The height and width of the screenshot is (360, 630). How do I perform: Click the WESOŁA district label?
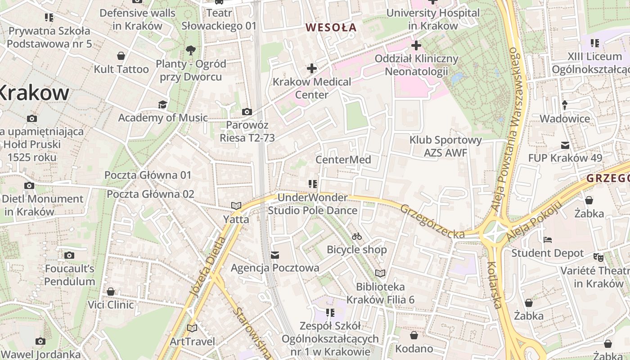[x=331, y=27]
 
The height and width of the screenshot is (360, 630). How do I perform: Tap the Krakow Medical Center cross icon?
[x=312, y=69]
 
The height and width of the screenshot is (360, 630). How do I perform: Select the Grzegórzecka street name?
[x=432, y=222]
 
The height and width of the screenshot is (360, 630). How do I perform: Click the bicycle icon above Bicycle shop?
[x=357, y=236]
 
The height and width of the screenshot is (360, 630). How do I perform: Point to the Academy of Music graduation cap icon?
[x=162, y=105]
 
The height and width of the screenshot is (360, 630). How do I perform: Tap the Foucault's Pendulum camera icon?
[x=69, y=256]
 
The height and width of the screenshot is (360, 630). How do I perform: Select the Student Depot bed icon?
[x=548, y=240]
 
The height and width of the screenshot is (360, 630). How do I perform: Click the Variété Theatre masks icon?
[x=598, y=257]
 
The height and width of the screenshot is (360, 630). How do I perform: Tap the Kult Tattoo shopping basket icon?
[x=121, y=56]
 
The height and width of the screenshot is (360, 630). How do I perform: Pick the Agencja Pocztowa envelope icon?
[x=275, y=255]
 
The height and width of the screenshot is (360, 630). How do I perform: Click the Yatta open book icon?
[x=236, y=206]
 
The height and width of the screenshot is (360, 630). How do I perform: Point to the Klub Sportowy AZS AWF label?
[x=445, y=147]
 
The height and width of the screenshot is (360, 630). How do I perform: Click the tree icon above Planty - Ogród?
[x=191, y=50]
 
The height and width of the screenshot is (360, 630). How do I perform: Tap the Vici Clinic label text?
[x=111, y=305]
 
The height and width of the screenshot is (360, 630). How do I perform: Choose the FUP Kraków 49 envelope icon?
[x=565, y=145]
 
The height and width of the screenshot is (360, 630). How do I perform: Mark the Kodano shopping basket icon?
[x=414, y=335]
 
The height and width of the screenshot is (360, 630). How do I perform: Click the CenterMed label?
[x=343, y=160]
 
